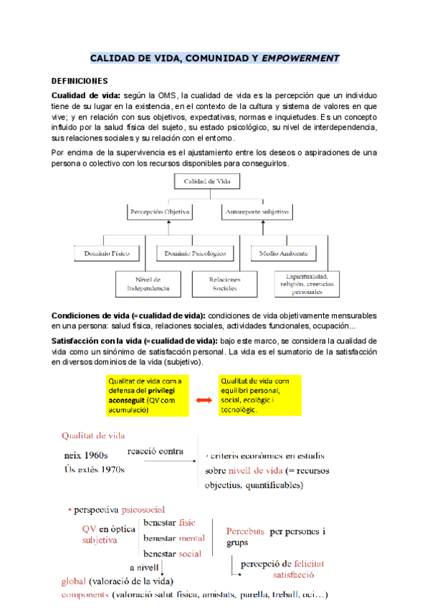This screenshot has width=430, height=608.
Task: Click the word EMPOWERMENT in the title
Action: click(x=301, y=57)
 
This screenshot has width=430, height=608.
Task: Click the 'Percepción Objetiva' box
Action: click(x=158, y=212)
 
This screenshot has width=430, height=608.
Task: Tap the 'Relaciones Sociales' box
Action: click(x=224, y=283)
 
